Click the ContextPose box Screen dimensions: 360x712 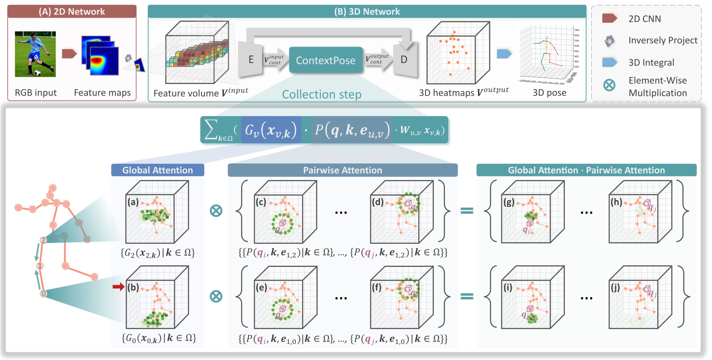click(326, 60)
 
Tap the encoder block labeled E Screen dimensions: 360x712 click(251, 60)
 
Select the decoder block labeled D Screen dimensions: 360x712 click(404, 60)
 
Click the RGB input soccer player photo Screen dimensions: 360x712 click(35, 54)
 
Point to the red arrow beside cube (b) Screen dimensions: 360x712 click(119, 287)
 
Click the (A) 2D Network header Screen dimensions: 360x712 click(72, 12)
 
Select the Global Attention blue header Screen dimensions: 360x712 click(157, 170)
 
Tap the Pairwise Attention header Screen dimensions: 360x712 click(342, 170)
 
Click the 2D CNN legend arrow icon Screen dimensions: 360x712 click(609, 18)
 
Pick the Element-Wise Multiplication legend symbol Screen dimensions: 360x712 click(609, 85)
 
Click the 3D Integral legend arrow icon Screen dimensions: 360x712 click(609, 62)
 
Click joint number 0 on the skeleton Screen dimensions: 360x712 click(43, 294)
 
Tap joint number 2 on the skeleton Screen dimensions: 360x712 click(43, 240)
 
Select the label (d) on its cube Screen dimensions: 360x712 click(378, 202)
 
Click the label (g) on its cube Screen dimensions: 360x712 click(509, 202)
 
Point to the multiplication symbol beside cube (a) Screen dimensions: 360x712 click(216, 210)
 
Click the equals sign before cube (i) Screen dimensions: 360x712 click(466, 296)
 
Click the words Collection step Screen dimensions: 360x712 click(321, 94)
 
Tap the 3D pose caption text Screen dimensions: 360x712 click(549, 93)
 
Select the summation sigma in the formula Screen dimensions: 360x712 click(211, 129)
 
